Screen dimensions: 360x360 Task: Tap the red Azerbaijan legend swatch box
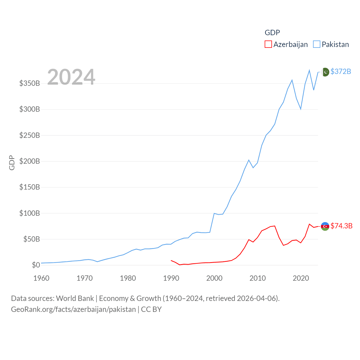268,44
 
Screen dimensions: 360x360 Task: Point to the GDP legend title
272,33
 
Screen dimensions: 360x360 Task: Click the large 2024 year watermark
71,77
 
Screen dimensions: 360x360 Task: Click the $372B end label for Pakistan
341,71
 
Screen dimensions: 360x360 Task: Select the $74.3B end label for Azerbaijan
341,226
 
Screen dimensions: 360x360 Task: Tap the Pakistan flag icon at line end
325,72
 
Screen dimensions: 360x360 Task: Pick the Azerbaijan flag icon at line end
325,226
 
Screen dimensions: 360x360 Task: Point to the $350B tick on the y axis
30,83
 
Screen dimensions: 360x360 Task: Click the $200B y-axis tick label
30,161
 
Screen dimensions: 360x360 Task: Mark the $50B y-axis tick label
31,239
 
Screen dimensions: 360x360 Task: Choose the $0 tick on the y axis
36,265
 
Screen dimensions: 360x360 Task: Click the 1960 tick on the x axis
41,278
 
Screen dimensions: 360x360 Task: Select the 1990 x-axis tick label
171,278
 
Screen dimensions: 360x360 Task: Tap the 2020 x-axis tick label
301,278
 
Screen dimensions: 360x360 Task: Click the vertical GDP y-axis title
12,163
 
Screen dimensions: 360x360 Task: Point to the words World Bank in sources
75,298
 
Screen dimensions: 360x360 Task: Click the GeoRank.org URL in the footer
73,309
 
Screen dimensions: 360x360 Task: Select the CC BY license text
151,309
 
